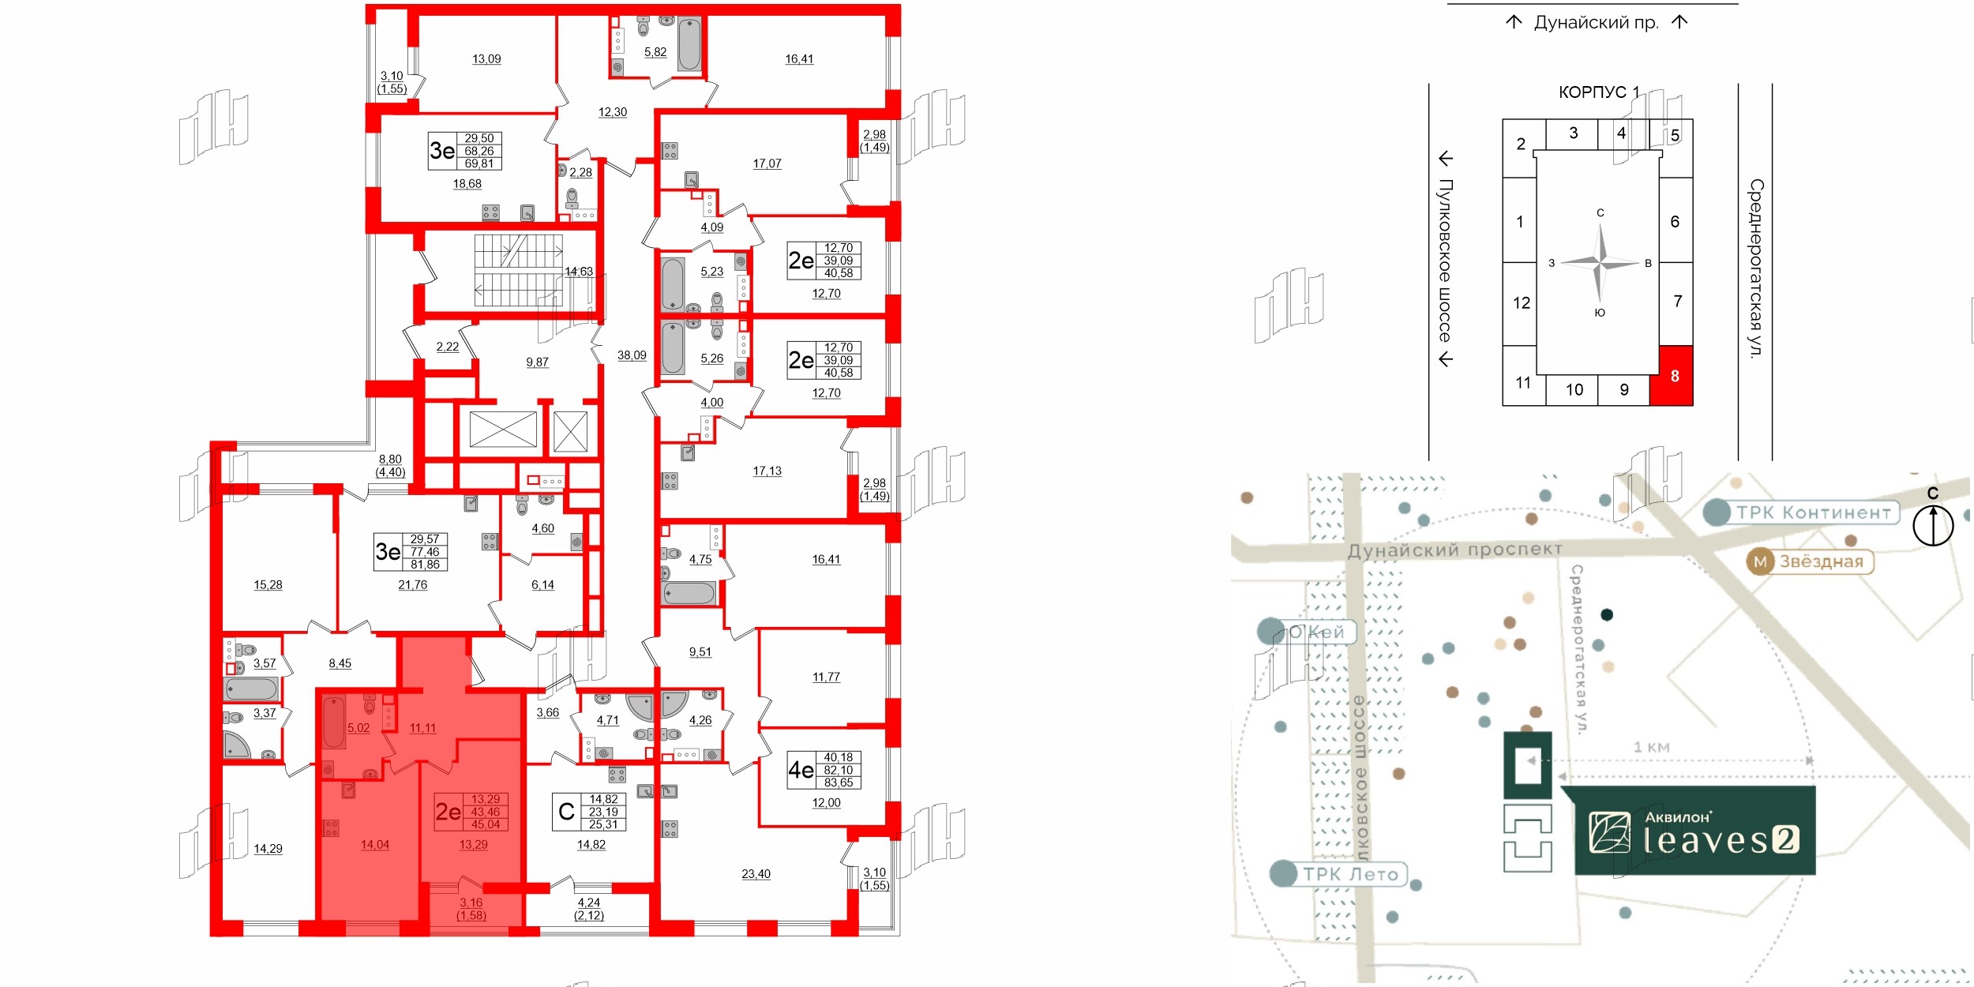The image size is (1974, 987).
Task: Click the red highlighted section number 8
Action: tap(1674, 376)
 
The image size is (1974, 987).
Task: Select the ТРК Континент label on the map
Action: tap(1812, 512)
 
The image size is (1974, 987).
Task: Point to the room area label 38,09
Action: tap(632, 355)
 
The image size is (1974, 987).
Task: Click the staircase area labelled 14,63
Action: tap(578, 272)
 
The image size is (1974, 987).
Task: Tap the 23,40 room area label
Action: tap(756, 874)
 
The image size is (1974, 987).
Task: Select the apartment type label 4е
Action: tap(801, 770)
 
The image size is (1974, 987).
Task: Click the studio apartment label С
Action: tap(566, 812)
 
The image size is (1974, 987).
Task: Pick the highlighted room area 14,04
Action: tap(375, 845)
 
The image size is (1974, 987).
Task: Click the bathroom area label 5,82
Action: tap(655, 52)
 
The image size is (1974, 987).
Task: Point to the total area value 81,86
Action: tap(425, 565)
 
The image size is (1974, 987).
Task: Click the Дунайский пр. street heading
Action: tap(1596, 22)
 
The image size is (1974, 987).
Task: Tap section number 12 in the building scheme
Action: tap(1521, 302)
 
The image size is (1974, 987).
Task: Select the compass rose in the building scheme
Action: tap(1600, 262)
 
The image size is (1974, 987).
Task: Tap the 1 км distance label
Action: tap(1651, 747)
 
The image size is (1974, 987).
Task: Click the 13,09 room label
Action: tap(486, 59)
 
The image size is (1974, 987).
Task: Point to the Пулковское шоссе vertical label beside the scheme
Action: tap(1444, 261)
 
